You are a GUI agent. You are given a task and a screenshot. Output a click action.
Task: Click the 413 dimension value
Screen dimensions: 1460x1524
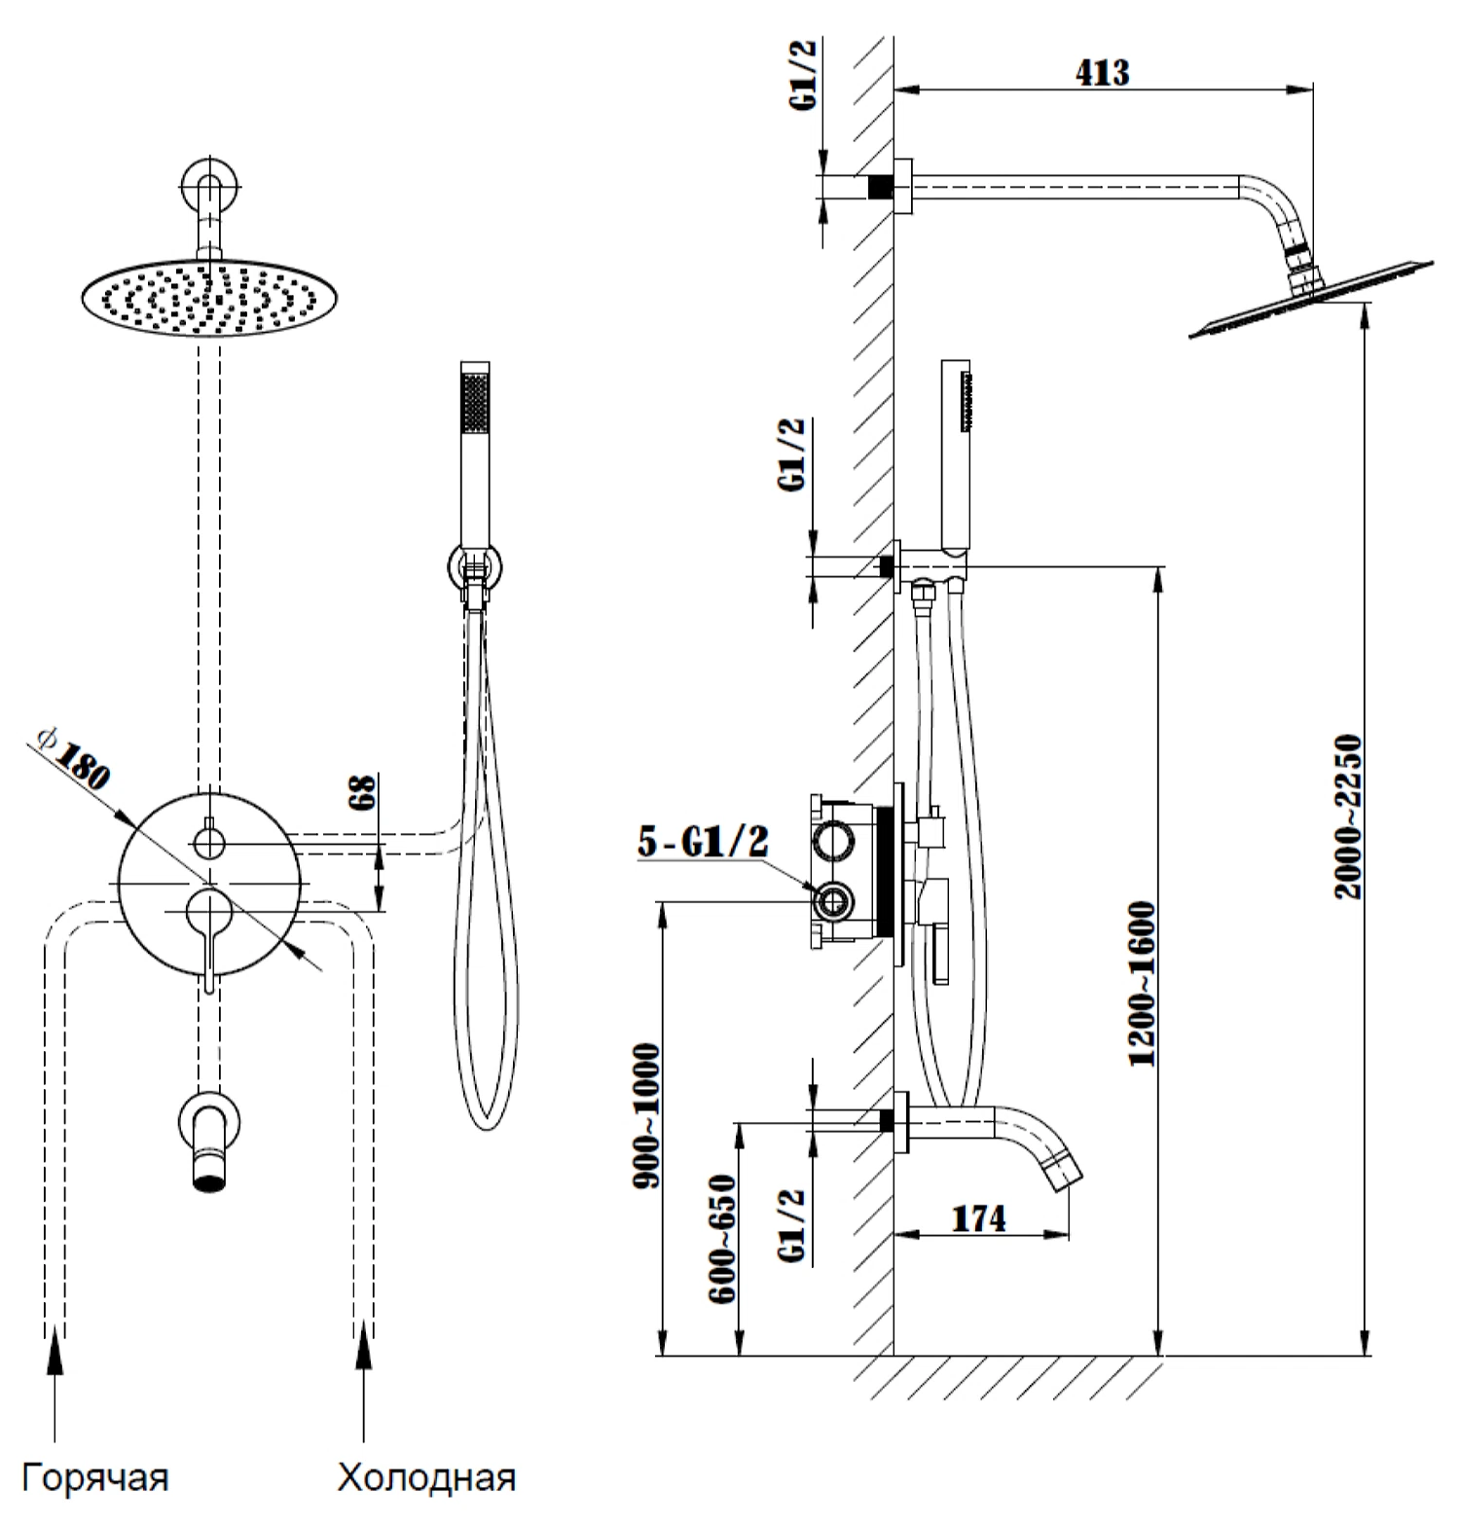point(1103,72)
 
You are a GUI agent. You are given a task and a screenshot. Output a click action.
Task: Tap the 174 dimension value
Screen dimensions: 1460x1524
point(978,1217)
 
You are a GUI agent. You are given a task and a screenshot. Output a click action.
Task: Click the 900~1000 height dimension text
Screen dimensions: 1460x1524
point(646,1114)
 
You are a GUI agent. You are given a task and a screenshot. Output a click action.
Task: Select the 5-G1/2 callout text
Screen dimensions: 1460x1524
point(703,842)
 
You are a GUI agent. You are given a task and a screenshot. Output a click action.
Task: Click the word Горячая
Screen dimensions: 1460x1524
point(95,1476)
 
